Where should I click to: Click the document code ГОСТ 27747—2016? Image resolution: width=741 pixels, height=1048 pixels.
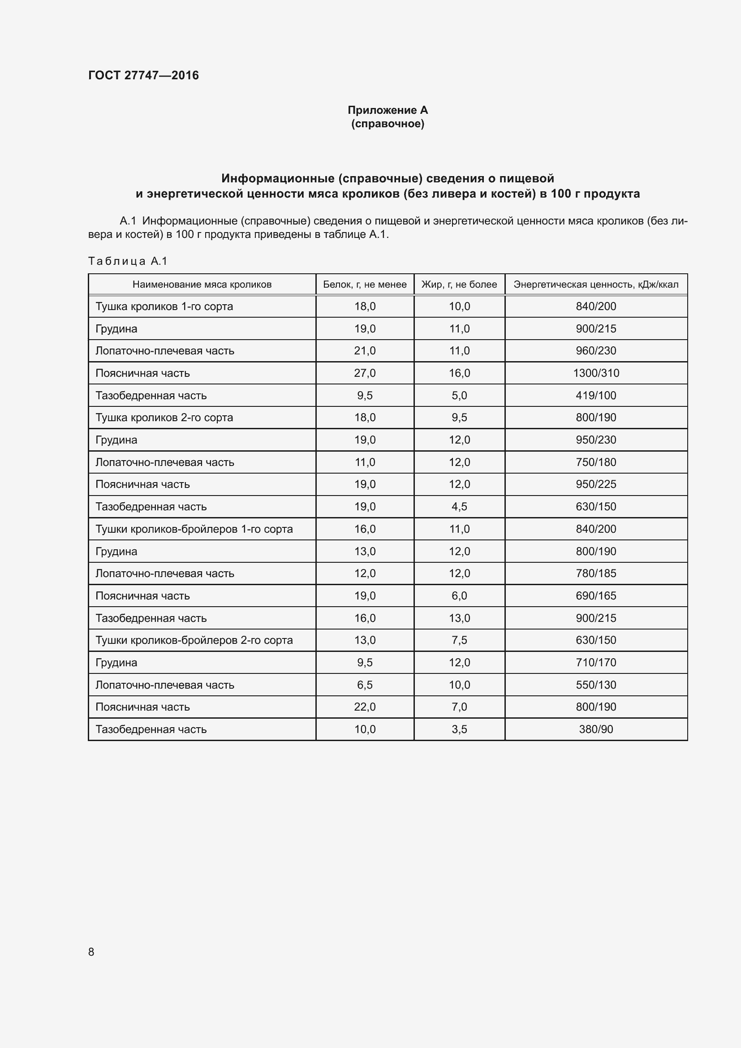coord(143,75)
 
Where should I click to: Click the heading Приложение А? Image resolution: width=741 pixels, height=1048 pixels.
coord(388,110)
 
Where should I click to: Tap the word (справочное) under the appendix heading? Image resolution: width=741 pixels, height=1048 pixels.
coord(388,124)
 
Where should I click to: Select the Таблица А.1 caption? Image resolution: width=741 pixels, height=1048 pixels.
coord(128,261)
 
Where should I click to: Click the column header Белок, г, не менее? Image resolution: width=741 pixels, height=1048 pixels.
coord(365,285)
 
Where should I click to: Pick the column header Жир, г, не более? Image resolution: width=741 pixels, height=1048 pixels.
coord(459,285)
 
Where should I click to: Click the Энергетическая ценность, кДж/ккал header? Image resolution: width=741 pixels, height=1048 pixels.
coord(596,285)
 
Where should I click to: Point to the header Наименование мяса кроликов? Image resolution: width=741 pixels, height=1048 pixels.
coord(202,285)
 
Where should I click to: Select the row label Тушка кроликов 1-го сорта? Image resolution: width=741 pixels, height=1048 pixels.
coord(164,306)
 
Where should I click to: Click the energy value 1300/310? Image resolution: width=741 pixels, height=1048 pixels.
coord(596,373)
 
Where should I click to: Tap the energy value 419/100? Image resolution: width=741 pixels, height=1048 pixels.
coord(596,395)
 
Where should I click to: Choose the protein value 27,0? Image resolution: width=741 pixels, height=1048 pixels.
coord(365,373)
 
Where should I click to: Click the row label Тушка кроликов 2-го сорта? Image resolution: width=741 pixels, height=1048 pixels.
coord(164,418)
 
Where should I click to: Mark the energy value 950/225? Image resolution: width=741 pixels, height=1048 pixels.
coord(596,484)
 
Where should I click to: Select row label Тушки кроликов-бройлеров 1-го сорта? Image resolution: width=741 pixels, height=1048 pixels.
coord(194,529)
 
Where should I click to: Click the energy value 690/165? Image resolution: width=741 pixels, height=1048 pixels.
coord(596,595)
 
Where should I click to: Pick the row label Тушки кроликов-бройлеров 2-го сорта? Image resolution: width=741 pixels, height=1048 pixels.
coord(194,640)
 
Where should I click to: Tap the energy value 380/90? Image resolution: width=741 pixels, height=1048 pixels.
coord(596,729)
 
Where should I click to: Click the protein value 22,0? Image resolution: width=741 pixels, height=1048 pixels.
coord(365,707)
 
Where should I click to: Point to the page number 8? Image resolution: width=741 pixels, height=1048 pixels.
coord(91,952)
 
